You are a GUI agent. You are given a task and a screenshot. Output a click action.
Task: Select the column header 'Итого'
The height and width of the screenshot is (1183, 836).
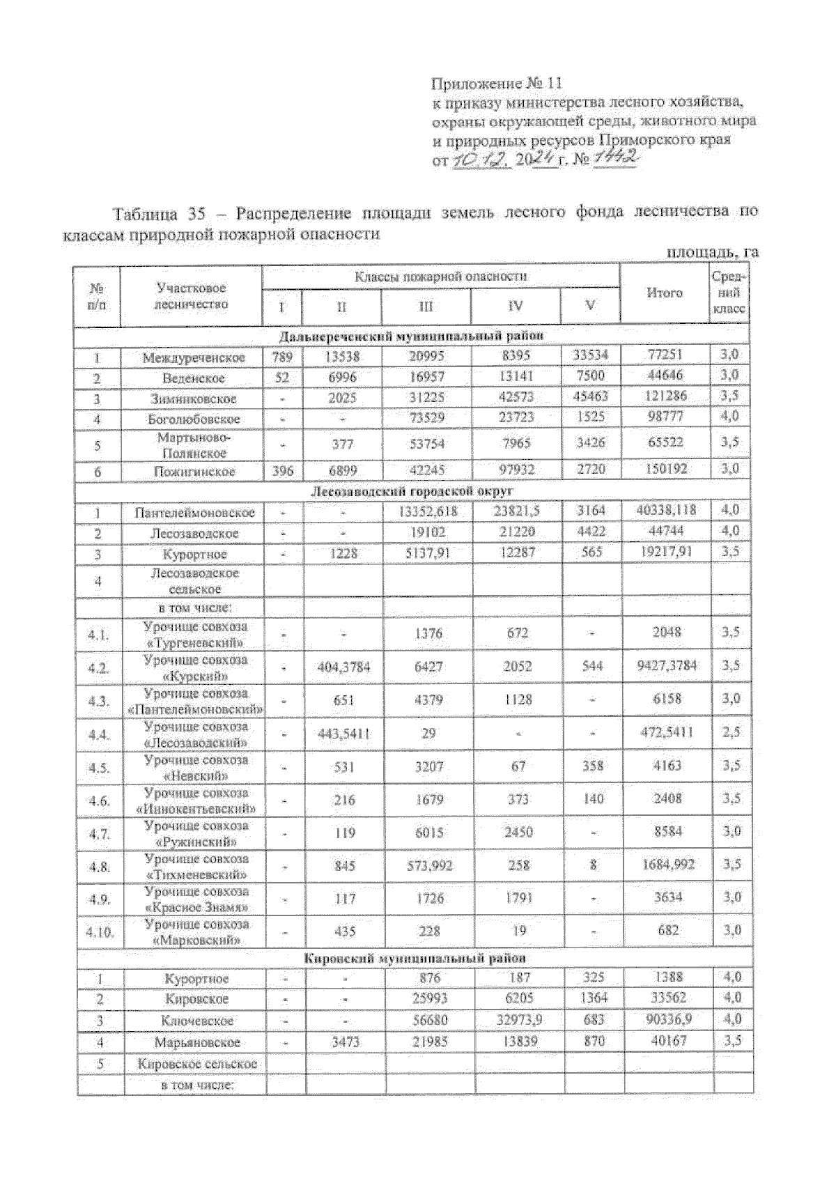pos(665,293)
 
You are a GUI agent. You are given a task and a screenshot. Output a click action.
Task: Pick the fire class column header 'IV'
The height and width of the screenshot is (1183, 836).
pos(516,306)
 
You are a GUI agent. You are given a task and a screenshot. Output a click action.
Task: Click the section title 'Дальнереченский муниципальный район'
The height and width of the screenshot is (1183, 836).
pos(411,337)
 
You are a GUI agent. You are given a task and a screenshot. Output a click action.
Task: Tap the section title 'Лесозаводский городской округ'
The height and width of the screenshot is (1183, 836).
pos(411,492)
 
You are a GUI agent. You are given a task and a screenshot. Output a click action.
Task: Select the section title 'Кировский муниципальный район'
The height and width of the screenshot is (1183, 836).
pos(415,959)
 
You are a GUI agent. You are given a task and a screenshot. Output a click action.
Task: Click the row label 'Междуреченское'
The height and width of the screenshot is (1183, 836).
pos(194,358)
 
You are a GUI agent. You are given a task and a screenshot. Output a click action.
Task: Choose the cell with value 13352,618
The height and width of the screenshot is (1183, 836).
pos(428,511)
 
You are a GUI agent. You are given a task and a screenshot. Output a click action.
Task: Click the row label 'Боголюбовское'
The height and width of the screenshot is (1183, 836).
pos(194,419)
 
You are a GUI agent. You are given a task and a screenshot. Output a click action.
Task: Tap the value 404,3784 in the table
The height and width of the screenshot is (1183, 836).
pos(343,667)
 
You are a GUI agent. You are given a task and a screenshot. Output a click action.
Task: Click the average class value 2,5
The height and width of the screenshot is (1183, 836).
pos(731,732)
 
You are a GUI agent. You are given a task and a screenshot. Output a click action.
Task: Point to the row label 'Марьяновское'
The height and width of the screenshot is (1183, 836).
pos(197,1042)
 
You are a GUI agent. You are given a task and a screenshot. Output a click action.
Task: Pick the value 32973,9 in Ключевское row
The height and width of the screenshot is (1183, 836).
pos(518,1020)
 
